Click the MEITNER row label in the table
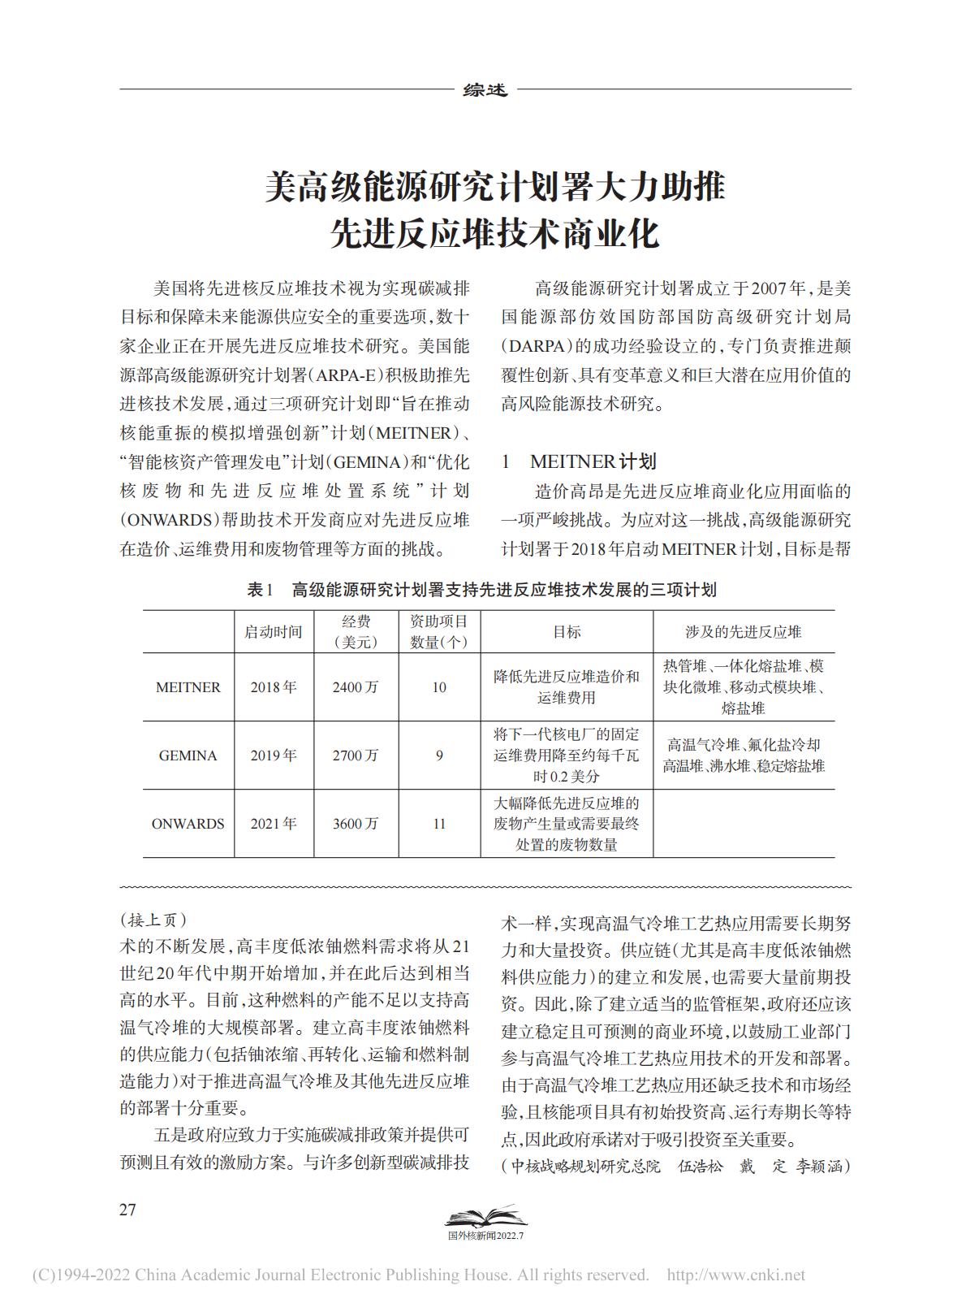coord(188,687)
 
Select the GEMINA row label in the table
coord(188,756)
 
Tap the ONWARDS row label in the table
coord(188,824)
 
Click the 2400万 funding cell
coord(356,687)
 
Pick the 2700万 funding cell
coord(356,756)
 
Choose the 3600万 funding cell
coord(356,824)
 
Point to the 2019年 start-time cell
coord(274,756)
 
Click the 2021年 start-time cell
coord(274,824)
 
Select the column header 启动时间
coord(274,632)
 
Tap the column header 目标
coord(567,632)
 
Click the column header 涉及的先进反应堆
coord(744,632)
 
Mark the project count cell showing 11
coord(439,824)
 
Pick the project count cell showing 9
coord(439,756)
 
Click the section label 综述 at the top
coord(485,90)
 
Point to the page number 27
coord(128,1210)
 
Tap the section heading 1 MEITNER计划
coord(579,461)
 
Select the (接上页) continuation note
coord(153,920)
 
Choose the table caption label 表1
coord(261,590)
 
